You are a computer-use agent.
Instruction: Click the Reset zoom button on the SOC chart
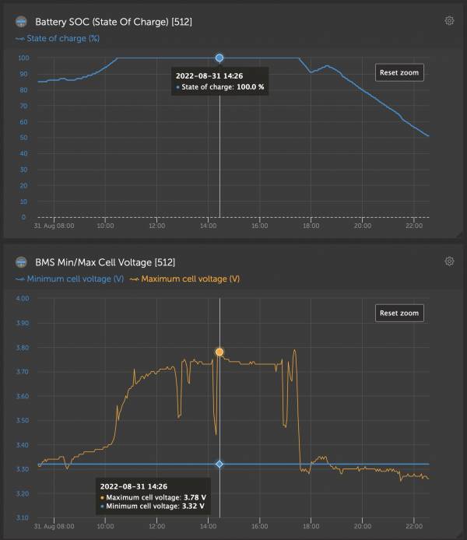[x=399, y=72]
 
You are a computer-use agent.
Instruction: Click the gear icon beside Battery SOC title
[x=449, y=21]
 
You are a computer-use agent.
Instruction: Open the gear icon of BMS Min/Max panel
[x=449, y=261]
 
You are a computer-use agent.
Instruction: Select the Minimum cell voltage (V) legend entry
[x=69, y=279]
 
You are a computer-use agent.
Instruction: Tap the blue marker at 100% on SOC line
[x=219, y=58]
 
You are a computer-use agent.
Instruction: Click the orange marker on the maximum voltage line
[x=219, y=352]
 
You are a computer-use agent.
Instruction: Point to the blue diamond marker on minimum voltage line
[x=219, y=464]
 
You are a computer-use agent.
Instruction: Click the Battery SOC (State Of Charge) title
[x=114, y=22]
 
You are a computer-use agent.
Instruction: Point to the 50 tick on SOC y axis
[x=23, y=138]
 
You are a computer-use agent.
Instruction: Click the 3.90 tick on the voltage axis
[x=23, y=323]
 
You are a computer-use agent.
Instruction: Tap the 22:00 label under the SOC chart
[x=413, y=226]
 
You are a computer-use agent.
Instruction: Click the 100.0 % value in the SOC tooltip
[x=251, y=87]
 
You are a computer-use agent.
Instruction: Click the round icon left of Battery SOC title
[x=21, y=22]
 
